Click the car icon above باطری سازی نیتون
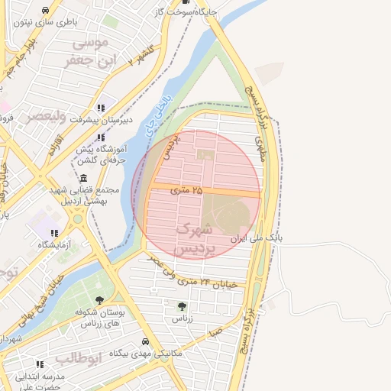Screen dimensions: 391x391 pyautogui.click(x=47, y=11)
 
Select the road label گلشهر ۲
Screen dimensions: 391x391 pyautogui.click(x=142, y=55)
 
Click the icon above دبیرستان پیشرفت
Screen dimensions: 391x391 pyautogui.click(x=102, y=108)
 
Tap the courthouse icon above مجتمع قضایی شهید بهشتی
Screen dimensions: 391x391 pyautogui.click(x=83, y=178)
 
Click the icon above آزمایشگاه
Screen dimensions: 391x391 pyautogui.click(x=53, y=233)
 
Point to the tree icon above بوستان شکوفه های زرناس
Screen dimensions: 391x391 pyautogui.click(x=100, y=300)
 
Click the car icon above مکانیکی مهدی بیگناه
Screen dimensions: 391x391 pyautogui.click(x=145, y=342)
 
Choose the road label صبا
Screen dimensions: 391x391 pyautogui.click(x=218, y=333)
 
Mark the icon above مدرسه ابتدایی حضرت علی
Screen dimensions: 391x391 pyautogui.click(x=40, y=364)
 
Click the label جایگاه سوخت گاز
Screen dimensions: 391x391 pyautogui.click(x=186, y=11)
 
